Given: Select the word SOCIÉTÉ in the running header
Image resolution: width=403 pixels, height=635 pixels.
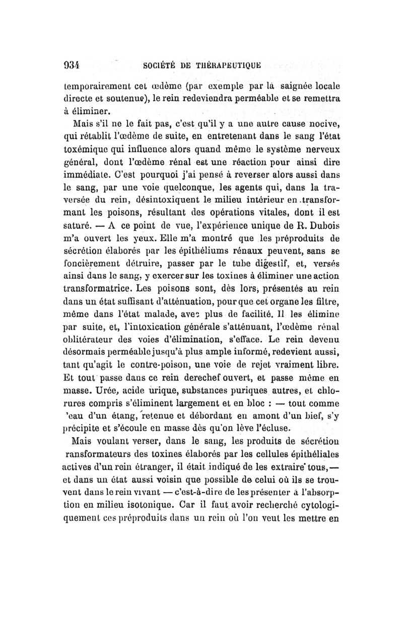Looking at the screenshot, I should [160, 65].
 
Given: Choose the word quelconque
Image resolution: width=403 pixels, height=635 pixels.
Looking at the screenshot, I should [185, 201].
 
